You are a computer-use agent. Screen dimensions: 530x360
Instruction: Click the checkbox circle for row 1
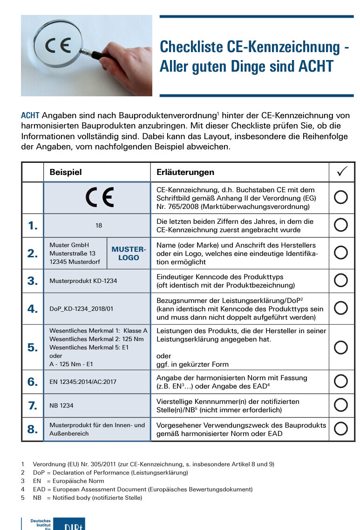point(341,225)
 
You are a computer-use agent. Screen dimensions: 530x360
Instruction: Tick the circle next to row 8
point(341,429)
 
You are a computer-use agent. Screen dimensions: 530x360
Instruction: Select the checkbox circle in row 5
point(341,347)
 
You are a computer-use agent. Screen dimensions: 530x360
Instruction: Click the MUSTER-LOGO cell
point(129,253)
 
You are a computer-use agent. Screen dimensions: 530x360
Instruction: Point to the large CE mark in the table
point(99,198)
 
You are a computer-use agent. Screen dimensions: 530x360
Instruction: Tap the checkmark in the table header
point(342,172)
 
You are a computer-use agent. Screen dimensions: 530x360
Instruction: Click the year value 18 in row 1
point(99,226)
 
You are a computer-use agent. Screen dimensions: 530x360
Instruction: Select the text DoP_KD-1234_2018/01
point(81,309)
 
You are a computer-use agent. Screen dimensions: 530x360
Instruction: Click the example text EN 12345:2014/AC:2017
point(83,382)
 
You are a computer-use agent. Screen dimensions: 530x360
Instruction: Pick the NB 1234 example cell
point(61,406)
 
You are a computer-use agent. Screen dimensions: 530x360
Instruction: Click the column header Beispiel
point(66,172)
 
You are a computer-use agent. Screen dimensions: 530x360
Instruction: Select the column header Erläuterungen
point(185,172)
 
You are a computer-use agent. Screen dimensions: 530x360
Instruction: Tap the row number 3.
point(32,281)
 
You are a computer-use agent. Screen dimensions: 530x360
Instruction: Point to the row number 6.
point(32,382)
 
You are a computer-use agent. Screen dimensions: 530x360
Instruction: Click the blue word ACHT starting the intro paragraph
point(30,115)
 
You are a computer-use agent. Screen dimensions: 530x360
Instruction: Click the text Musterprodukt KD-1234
point(83,281)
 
